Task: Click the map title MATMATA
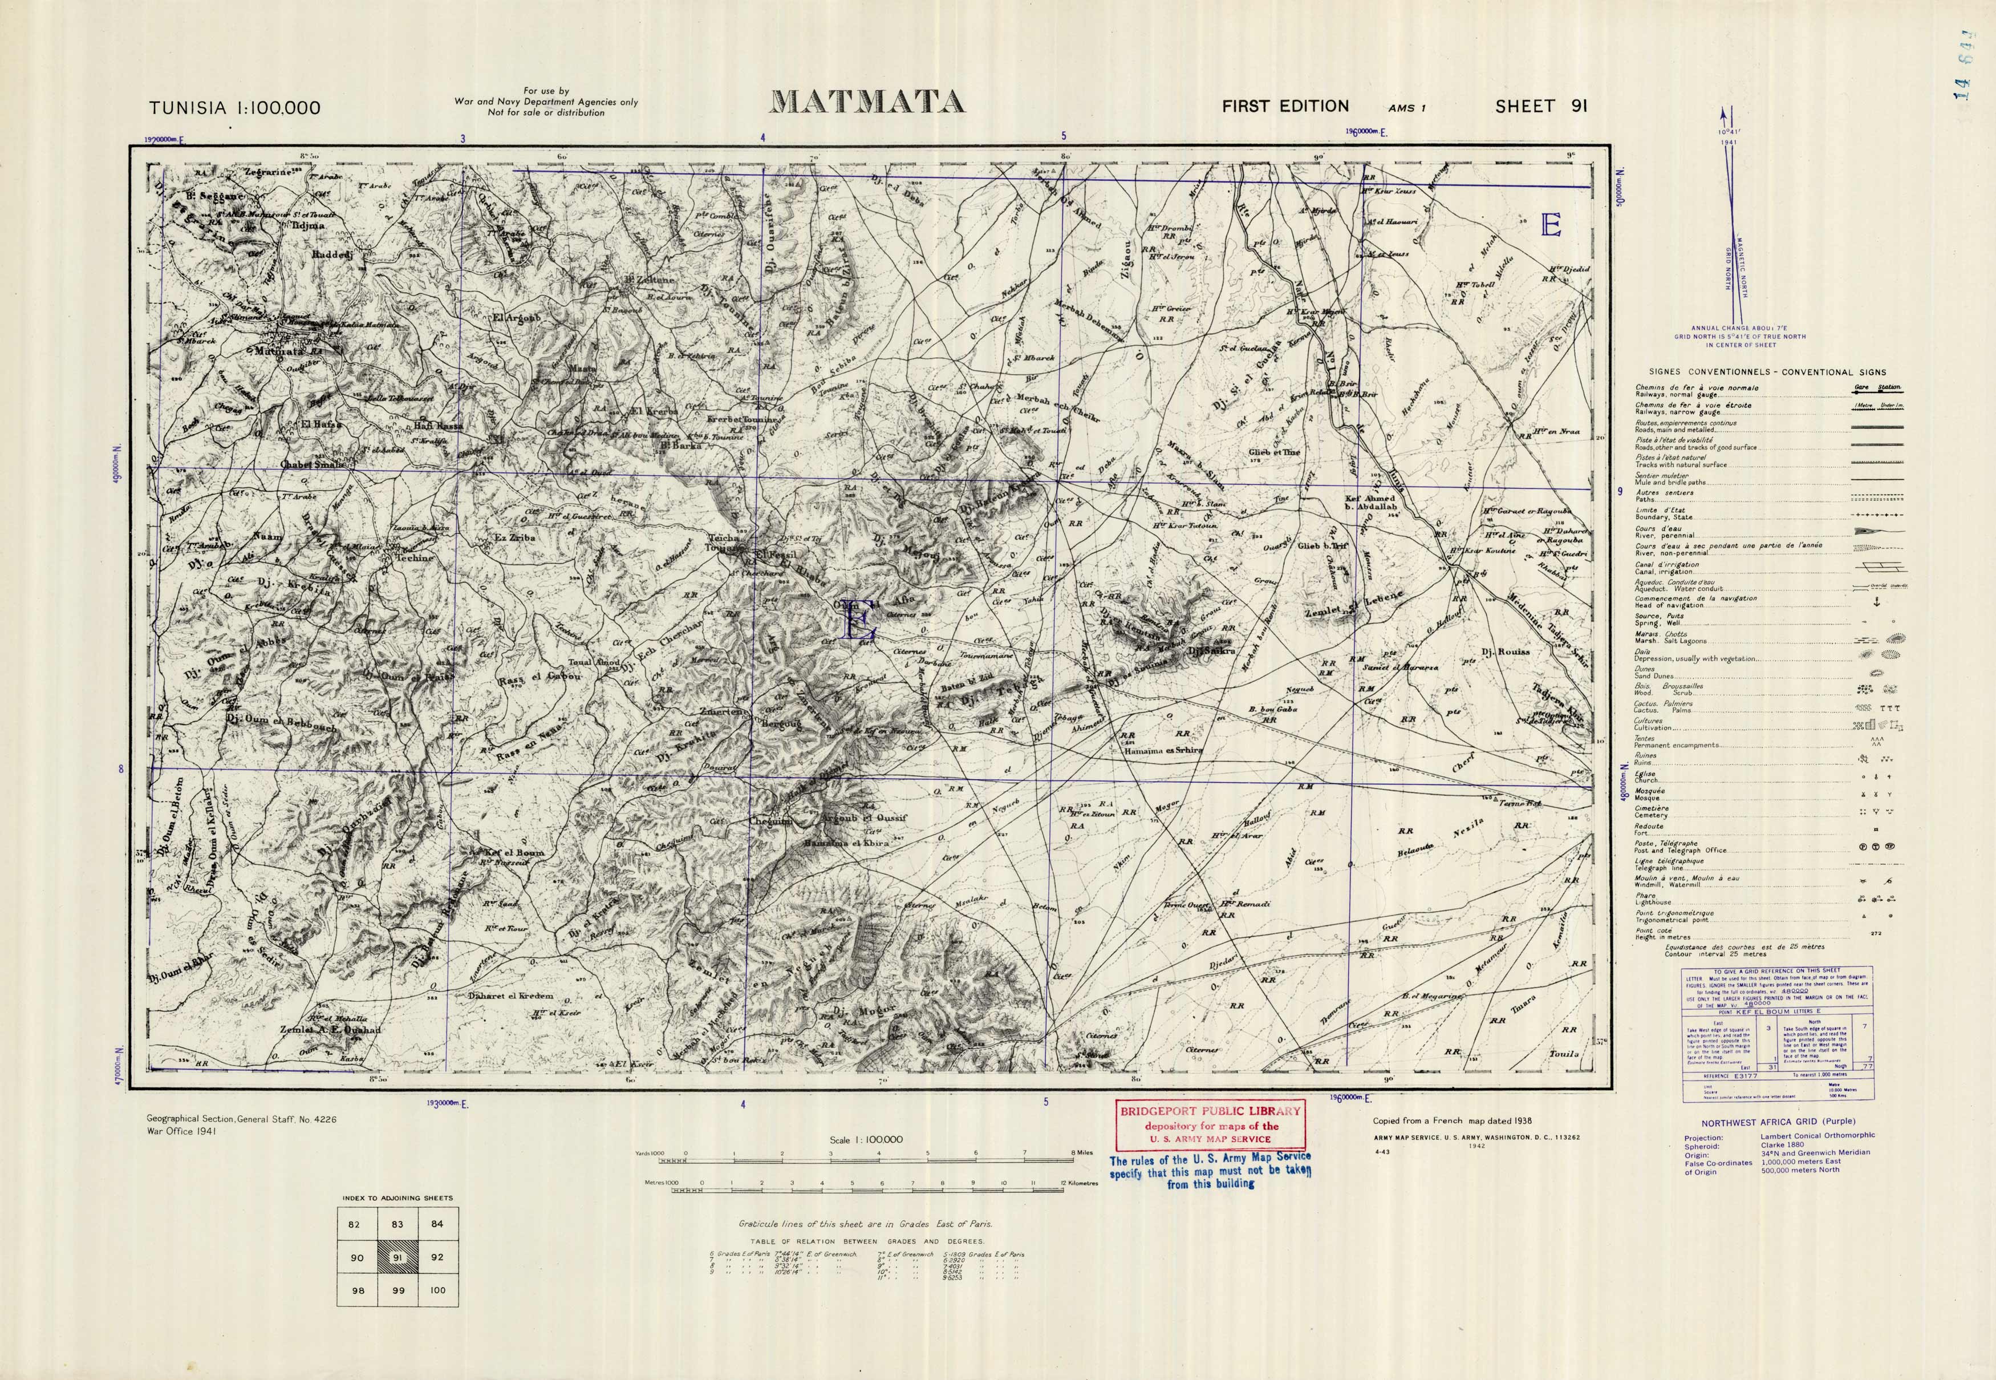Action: [x=867, y=103]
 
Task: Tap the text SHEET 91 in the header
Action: [x=1541, y=106]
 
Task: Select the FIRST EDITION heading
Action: [x=1285, y=106]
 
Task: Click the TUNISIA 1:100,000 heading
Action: [x=234, y=108]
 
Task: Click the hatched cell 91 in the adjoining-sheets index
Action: [x=397, y=1257]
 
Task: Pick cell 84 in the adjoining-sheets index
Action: [x=437, y=1224]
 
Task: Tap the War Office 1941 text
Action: [x=181, y=1130]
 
